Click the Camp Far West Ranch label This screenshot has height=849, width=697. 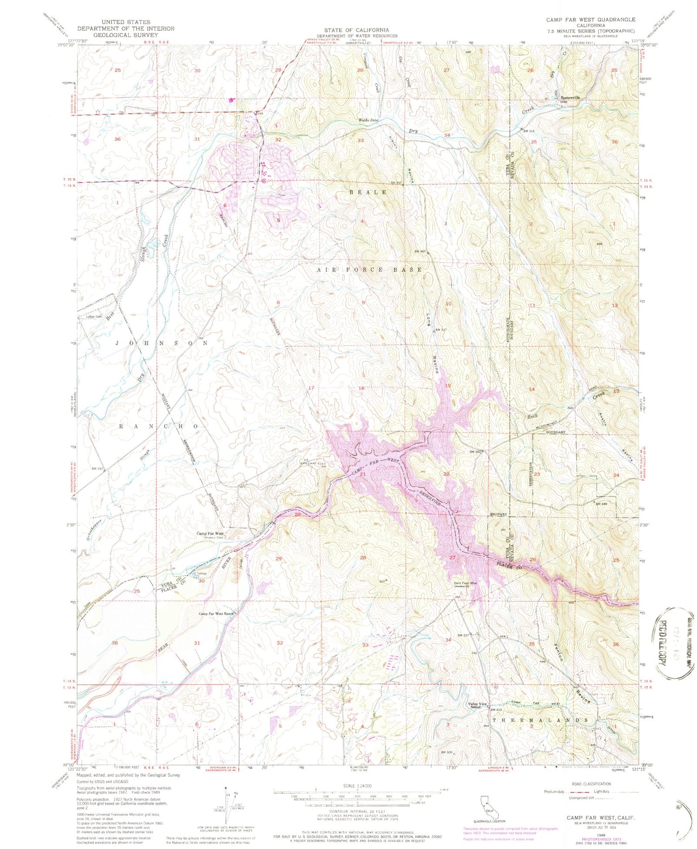[x=217, y=614]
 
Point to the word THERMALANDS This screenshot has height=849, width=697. [x=545, y=720]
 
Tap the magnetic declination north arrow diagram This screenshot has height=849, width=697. [x=226, y=809]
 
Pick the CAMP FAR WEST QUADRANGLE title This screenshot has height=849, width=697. [x=591, y=20]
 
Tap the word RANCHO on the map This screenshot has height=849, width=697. [x=160, y=426]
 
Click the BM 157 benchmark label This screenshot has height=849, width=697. [x=97, y=468]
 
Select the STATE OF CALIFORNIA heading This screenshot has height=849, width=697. [x=357, y=30]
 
